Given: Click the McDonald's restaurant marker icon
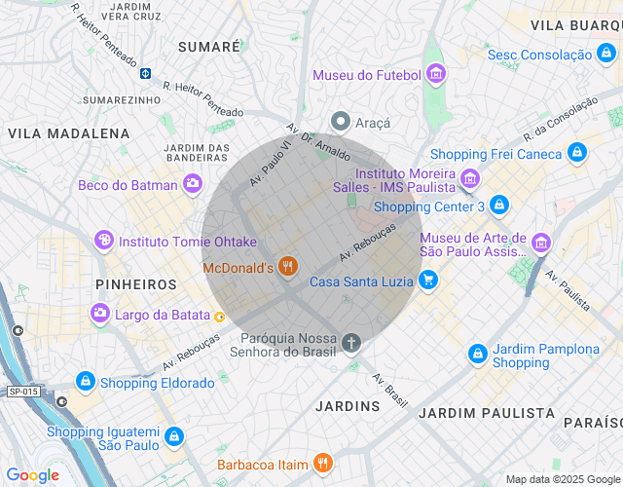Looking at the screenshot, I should pos(287,267).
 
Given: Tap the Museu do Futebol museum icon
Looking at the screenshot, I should pos(435,75).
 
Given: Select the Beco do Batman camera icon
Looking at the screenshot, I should pos(193,184).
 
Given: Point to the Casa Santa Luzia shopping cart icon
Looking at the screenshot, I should pos(428,281).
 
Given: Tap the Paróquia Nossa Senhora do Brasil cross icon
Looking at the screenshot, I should pos(351,343).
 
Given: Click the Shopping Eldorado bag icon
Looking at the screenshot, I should pos(85,382).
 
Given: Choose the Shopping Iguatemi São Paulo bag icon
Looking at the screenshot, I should pos(173,436).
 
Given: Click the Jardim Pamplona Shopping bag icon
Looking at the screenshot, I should pos(478,355).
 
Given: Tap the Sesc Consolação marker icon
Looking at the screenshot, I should pos(606,56).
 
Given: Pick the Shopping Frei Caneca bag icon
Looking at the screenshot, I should pos(577,153).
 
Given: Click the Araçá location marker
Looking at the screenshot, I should pos(341,122).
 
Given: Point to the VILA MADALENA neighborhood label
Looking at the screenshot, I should pos(68,133).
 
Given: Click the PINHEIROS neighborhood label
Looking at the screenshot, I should pos(136,284).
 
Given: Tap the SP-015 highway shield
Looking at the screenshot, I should pos(23,392).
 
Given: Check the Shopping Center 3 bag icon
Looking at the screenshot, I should pos(499,206).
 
